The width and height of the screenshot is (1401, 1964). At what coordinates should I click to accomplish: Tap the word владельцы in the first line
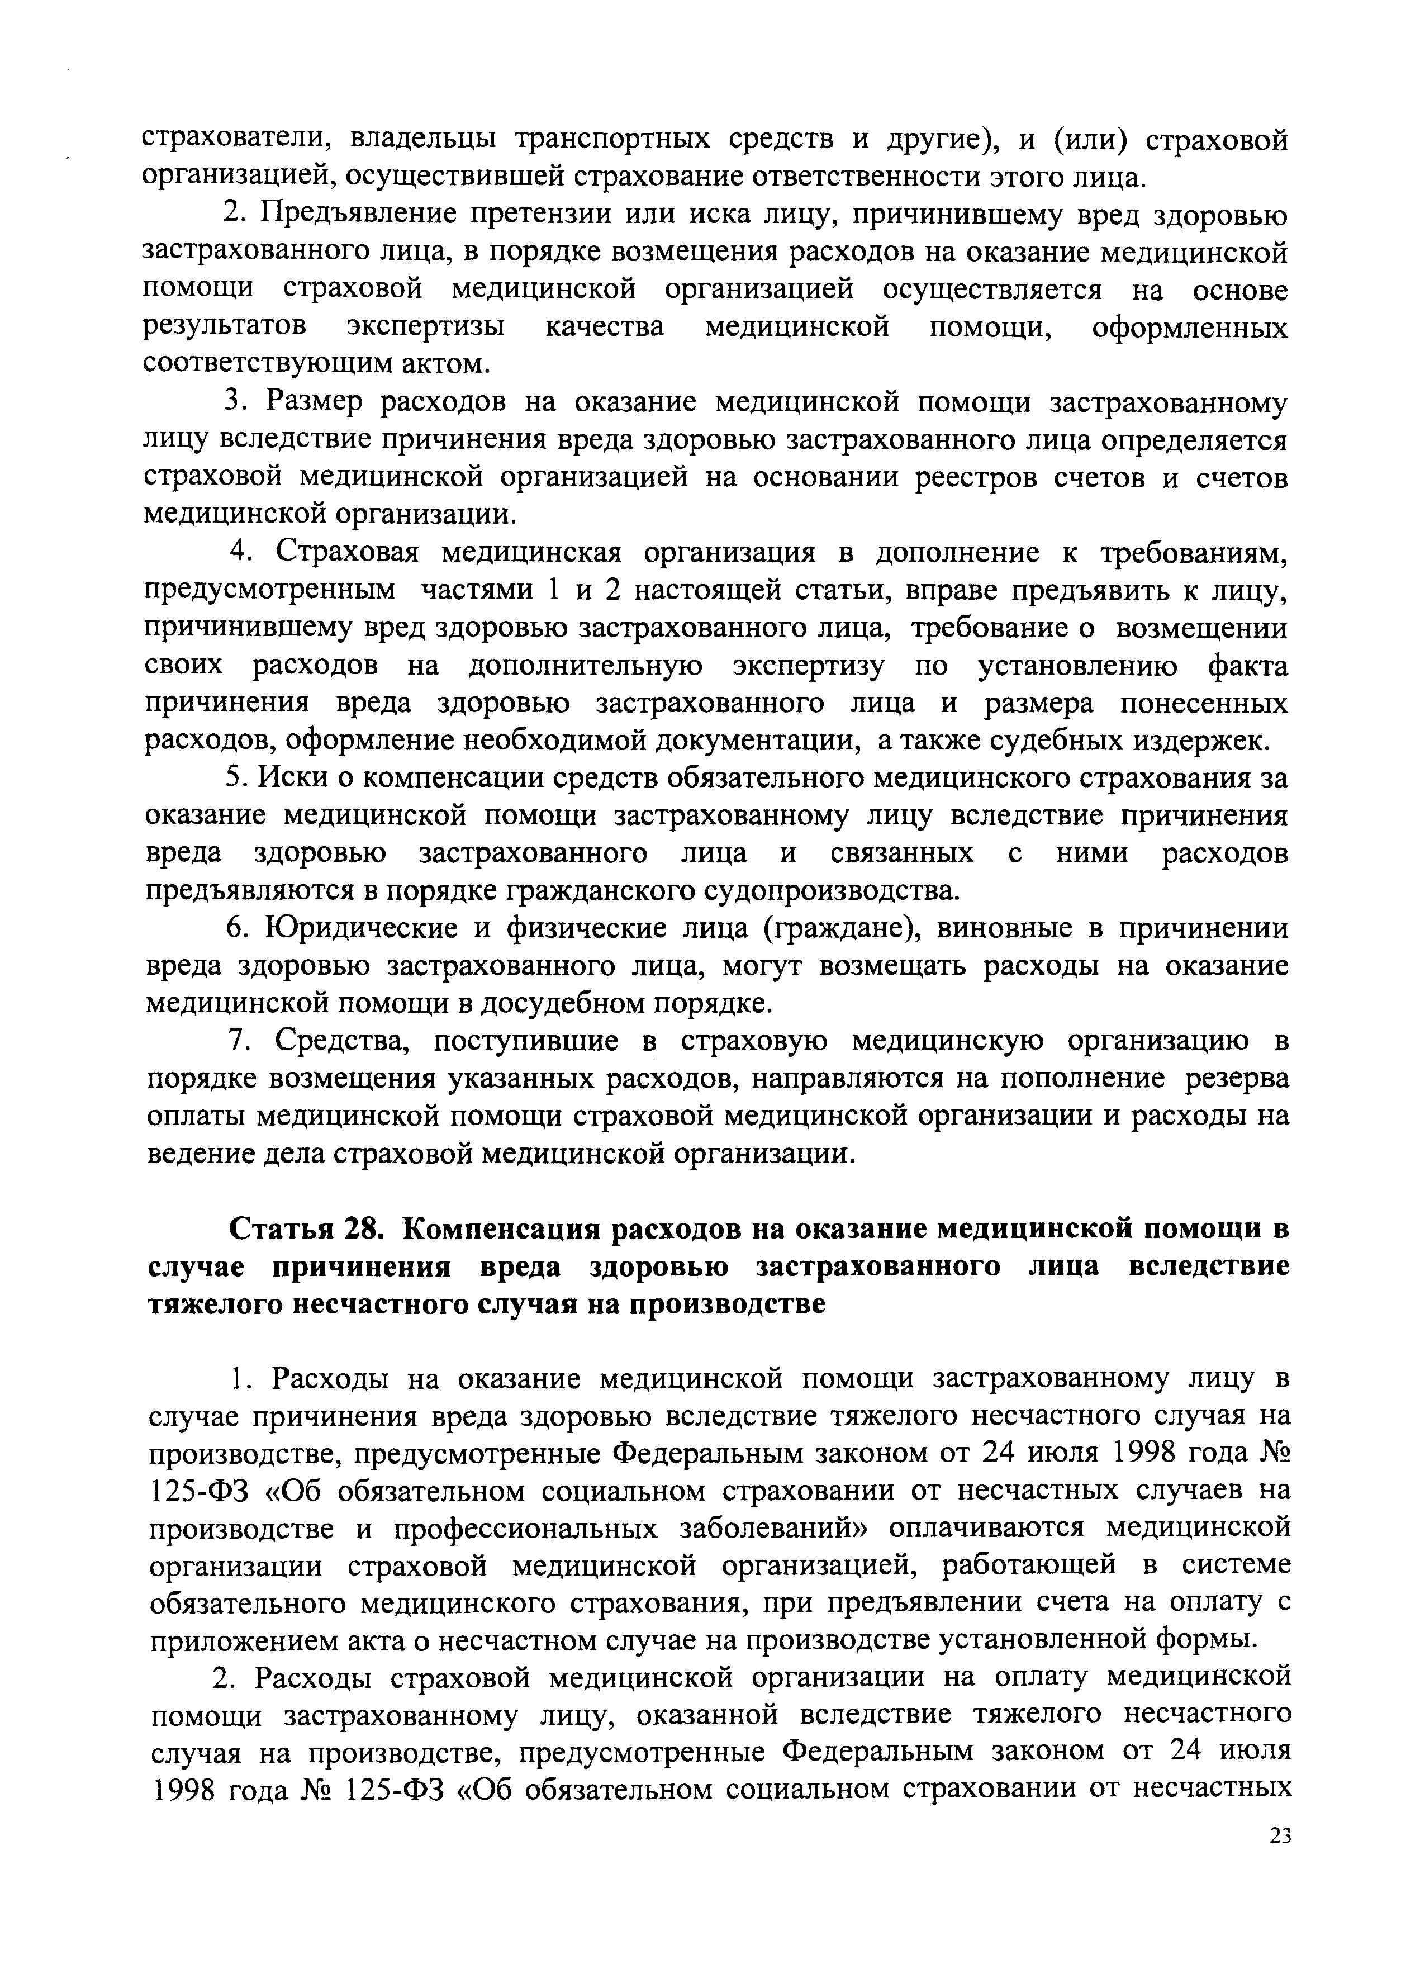422,140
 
